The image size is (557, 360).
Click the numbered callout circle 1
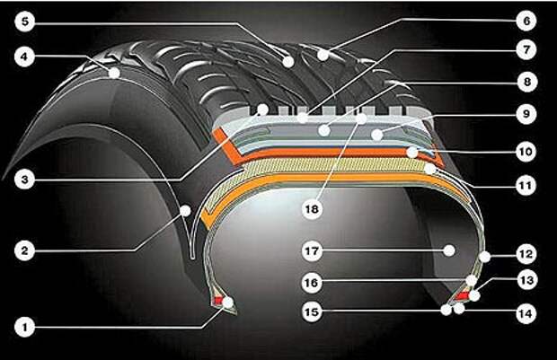coord(24,327)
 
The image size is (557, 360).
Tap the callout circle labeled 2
coord(24,251)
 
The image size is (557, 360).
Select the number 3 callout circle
coord(24,180)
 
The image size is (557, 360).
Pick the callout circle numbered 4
coord(24,57)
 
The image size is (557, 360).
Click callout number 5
coord(24,22)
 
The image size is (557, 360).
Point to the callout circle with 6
coord(526,21)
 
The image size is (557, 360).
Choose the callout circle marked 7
coord(526,50)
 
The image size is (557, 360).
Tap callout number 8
coord(526,82)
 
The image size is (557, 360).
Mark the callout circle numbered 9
coord(526,114)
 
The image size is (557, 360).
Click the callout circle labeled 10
coord(526,152)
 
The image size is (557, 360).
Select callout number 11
coord(526,185)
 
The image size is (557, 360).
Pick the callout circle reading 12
coord(526,254)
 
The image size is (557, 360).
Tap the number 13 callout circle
coord(526,280)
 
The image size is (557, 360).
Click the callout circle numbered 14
coord(526,313)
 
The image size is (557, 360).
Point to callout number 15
coord(312,312)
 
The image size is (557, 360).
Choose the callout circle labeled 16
coord(312,283)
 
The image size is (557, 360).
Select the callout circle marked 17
coord(312,251)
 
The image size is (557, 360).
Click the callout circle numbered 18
coord(312,209)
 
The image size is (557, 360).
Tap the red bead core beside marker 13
coord(463,295)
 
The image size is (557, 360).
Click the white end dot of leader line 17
coord(449,250)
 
